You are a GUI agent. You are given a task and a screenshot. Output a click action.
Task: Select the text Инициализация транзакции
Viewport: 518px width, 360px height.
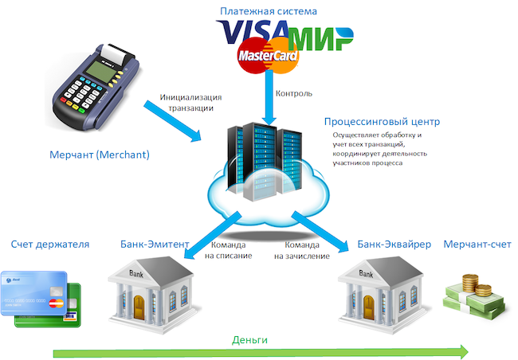(x=191, y=103)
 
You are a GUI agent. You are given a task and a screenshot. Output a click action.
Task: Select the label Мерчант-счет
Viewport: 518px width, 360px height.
(x=476, y=244)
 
